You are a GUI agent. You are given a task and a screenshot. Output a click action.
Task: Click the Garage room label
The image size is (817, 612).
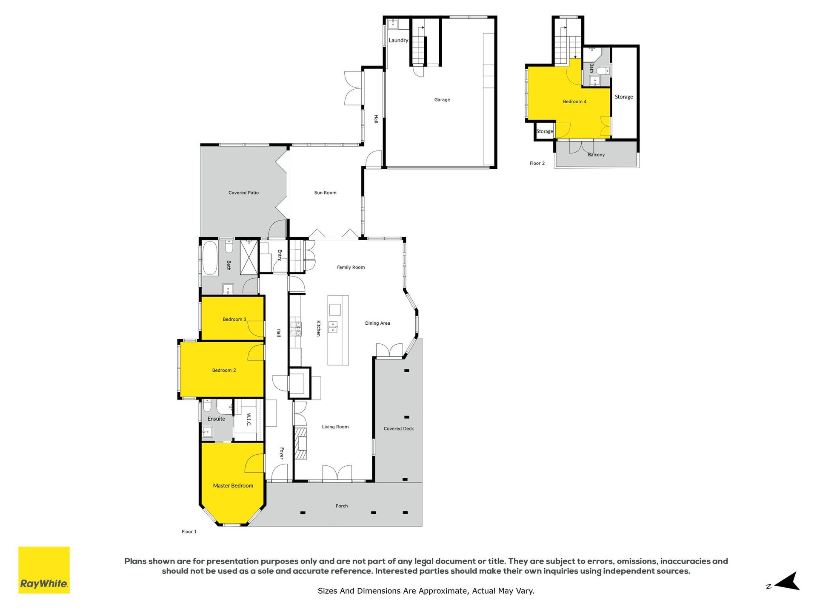tap(442, 100)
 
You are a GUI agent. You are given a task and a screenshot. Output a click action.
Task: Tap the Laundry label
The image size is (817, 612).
tap(398, 40)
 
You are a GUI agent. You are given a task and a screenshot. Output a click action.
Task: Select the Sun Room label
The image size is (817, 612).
tap(325, 193)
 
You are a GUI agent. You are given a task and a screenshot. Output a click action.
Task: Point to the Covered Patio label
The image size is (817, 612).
tap(243, 193)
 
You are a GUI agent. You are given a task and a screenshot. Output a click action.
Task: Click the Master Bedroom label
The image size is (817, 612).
tap(233, 486)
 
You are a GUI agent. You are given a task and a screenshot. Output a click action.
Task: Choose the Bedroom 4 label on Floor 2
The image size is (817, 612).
tap(574, 102)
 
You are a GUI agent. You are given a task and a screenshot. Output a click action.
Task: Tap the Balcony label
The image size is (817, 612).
tap(596, 155)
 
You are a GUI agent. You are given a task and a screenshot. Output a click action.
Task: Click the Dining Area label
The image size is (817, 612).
tap(377, 323)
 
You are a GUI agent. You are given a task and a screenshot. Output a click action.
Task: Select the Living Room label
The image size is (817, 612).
tap(335, 427)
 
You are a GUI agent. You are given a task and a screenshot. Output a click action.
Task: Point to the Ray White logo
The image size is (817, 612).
tap(44, 570)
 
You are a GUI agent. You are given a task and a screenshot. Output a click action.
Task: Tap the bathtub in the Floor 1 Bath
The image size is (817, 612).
tap(210, 258)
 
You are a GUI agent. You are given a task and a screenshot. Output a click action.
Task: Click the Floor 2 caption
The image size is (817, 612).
tap(537, 164)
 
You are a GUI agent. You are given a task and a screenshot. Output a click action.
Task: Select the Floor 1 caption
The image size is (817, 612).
tap(189, 532)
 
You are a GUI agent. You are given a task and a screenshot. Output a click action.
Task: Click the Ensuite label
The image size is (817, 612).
tap(216, 419)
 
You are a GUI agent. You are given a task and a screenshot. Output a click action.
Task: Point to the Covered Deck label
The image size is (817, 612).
tap(399, 429)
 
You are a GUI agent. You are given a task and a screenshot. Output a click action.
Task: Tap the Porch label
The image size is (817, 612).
tap(342, 506)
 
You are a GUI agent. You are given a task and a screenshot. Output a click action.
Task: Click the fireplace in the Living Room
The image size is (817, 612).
tap(300, 444)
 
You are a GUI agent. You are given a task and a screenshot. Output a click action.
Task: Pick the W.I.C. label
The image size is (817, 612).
tap(249, 419)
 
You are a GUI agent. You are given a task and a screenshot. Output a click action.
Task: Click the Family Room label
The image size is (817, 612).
tap(351, 268)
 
